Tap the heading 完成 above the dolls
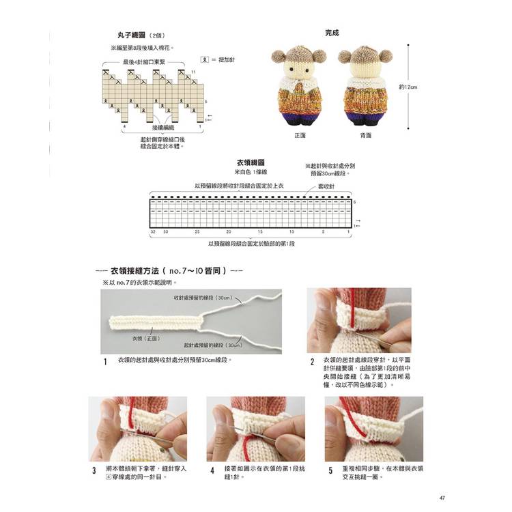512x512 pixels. [332, 32]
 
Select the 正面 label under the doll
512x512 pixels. [300, 135]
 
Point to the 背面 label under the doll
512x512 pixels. [366, 135]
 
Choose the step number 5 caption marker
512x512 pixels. [331, 471]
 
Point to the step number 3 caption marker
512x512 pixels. [94, 471]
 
